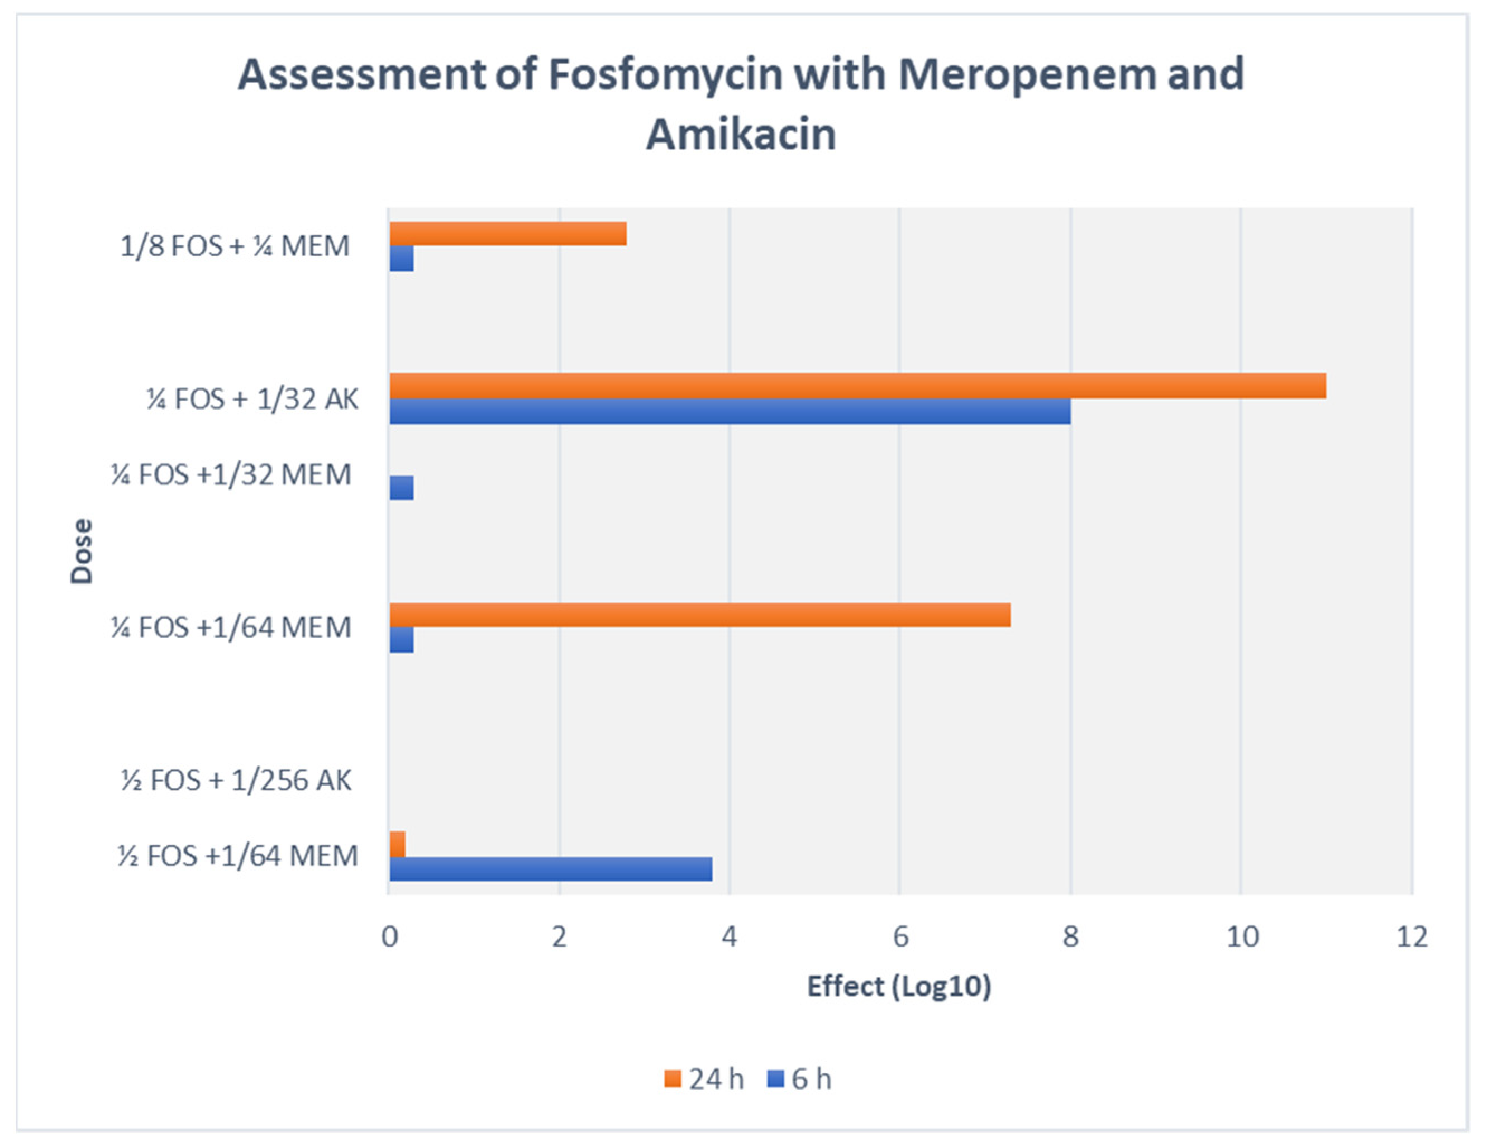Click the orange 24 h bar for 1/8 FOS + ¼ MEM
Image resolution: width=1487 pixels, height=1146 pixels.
tap(507, 234)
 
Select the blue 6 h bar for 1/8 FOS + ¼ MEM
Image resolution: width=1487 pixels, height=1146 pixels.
tap(402, 259)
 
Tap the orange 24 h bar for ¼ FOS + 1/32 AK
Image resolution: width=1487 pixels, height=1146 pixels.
tap(857, 386)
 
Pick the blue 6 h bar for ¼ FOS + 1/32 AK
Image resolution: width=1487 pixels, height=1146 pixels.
tap(729, 411)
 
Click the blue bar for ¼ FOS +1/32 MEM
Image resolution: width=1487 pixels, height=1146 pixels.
tap(402, 488)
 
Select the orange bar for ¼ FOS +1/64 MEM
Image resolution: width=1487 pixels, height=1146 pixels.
tap(699, 615)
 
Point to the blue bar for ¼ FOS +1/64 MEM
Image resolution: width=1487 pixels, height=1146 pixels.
tap(402, 640)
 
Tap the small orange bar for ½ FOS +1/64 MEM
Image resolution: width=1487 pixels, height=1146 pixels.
tap(397, 844)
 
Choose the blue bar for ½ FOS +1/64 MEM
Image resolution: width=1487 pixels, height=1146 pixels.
tap(550, 869)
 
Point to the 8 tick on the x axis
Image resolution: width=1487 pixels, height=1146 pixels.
tap(1070, 938)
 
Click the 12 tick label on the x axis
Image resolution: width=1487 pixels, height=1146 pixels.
tap(1412, 938)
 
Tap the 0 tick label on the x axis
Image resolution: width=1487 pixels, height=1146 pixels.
tap(389, 938)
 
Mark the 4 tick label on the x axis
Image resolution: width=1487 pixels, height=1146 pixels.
tap(729, 938)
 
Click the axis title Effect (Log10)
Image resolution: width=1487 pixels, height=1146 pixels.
tap(899, 986)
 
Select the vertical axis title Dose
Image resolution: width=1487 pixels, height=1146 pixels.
tap(82, 551)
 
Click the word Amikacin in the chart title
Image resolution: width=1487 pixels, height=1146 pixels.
tap(741, 134)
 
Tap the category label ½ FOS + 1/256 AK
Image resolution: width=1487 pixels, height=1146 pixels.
tap(236, 781)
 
